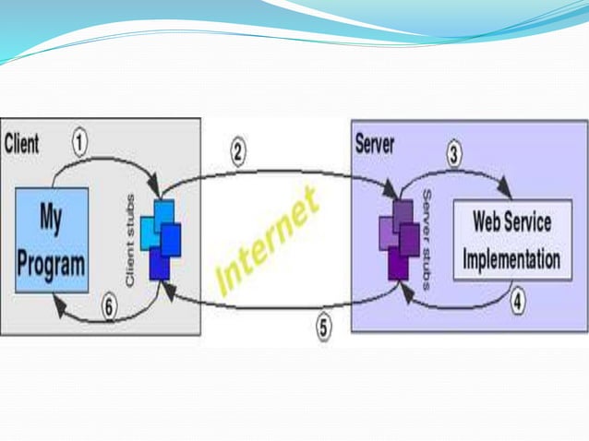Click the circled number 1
coord(80,143)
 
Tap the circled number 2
coord(238,153)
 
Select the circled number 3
coord(454,154)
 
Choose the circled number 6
coord(109,308)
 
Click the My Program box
coord(52,241)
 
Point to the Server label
coord(375,145)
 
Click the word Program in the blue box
coord(52,261)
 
